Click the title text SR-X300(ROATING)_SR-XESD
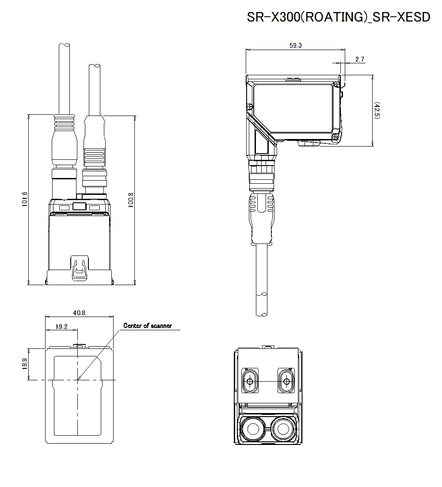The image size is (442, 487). tap(338, 17)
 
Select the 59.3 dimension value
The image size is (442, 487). tap(296, 46)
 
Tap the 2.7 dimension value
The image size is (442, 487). tap(359, 59)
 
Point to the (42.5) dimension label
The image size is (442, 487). tap(377, 110)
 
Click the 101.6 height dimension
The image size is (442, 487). tap(25, 199)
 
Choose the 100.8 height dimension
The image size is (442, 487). tap(130, 199)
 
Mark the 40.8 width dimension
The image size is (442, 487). tap(79, 313)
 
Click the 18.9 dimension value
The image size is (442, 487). tap(25, 364)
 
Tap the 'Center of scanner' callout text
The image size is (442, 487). tap(147, 326)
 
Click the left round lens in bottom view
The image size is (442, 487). tap(253, 429)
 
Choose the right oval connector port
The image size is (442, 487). tap(286, 381)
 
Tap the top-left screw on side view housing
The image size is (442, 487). tap(250, 106)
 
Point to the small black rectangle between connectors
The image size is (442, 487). tap(79, 206)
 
